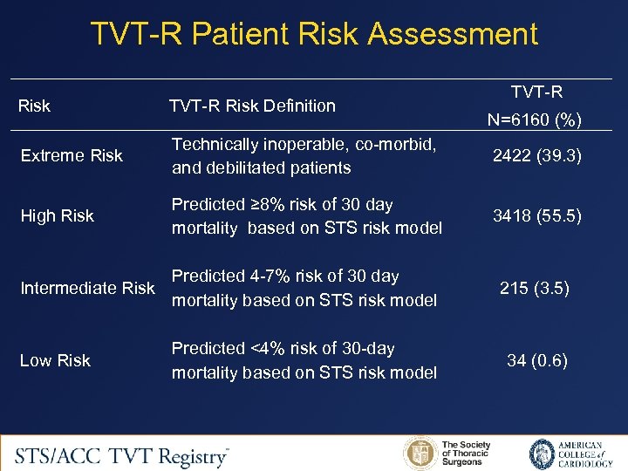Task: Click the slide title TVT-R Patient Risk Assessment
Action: [x=314, y=34]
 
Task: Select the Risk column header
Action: [x=35, y=106]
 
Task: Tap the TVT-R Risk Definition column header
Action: [x=252, y=106]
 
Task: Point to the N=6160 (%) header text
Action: [x=536, y=119]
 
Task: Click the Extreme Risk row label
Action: [x=71, y=155]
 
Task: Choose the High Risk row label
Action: [x=57, y=215]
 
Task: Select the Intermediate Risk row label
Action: [x=87, y=288]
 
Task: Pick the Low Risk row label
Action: [x=55, y=360]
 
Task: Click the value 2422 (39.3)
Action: [x=536, y=155]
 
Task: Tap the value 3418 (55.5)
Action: [x=536, y=215]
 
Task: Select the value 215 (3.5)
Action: [x=536, y=288]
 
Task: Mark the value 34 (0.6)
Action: [x=536, y=360]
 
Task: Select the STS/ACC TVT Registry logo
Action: [x=122, y=454]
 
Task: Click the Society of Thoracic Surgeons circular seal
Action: [x=420, y=454]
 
